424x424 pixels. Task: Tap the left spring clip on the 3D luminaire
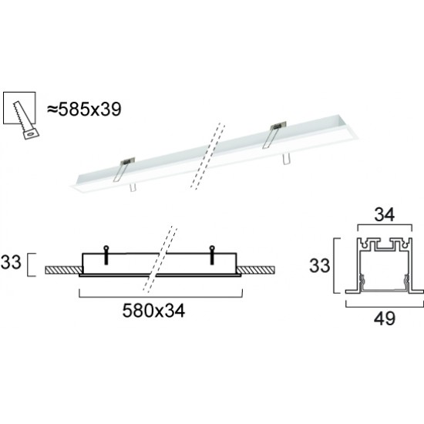coord(124,167)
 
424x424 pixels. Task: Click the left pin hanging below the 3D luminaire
coord(133,187)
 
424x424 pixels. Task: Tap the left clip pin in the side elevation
coord(104,248)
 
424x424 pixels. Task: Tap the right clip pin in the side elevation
coord(213,248)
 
